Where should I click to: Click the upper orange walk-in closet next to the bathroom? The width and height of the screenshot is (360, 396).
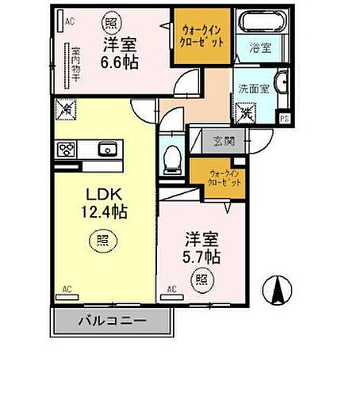pos(202,34)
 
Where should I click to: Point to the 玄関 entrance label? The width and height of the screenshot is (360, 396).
pos(224,142)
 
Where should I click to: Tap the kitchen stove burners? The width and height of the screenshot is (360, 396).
pos(66,148)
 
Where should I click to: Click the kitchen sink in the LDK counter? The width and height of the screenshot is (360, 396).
pos(107,148)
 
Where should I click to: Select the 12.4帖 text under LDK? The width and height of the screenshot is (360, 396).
pos(104,211)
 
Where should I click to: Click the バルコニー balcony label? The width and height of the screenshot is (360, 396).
pos(112,321)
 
